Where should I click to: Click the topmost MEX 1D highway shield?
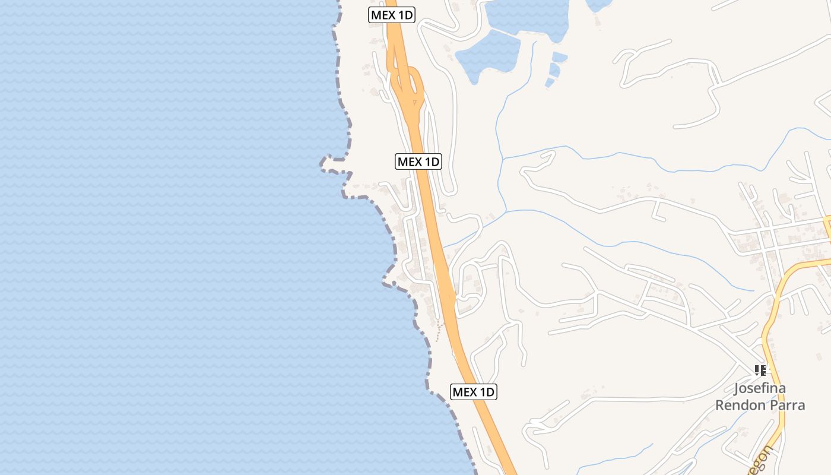(x=391, y=15)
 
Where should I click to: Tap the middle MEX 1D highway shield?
(x=418, y=161)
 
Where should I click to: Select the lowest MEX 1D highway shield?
(x=473, y=392)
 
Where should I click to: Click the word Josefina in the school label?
(x=760, y=389)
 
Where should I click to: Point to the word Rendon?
(x=740, y=406)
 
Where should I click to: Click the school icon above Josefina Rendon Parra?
(x=760, y=370)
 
